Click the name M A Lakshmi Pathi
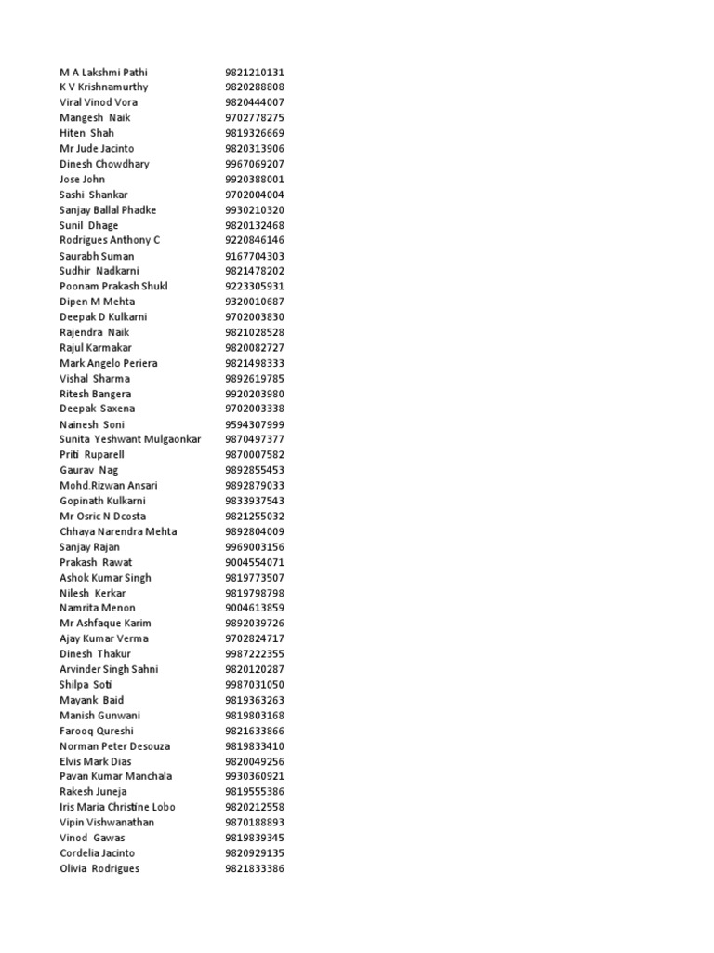103,72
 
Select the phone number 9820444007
254,102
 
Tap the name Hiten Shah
86,133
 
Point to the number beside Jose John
254,179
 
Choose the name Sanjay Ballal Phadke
108,209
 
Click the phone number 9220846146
254,240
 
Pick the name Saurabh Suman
97,256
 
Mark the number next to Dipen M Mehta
254,302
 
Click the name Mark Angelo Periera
108,363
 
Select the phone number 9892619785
254,378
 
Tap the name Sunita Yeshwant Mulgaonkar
130,439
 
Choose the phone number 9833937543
254,501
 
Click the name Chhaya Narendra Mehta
118,531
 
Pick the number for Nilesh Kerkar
254,593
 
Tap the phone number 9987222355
254,653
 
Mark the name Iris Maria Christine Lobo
117,807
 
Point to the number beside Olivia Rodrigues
254,868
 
